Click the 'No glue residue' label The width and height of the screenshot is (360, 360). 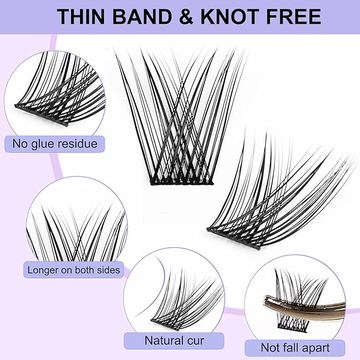click(55, 143)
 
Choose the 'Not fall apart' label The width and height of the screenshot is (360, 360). click(295, 348)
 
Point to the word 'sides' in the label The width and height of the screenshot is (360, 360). click(108, 270)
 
